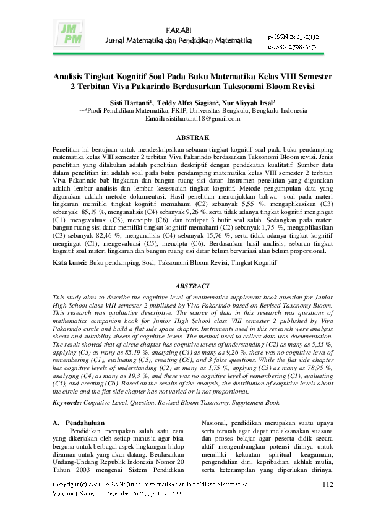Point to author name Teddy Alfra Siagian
(x=189, y=103)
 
